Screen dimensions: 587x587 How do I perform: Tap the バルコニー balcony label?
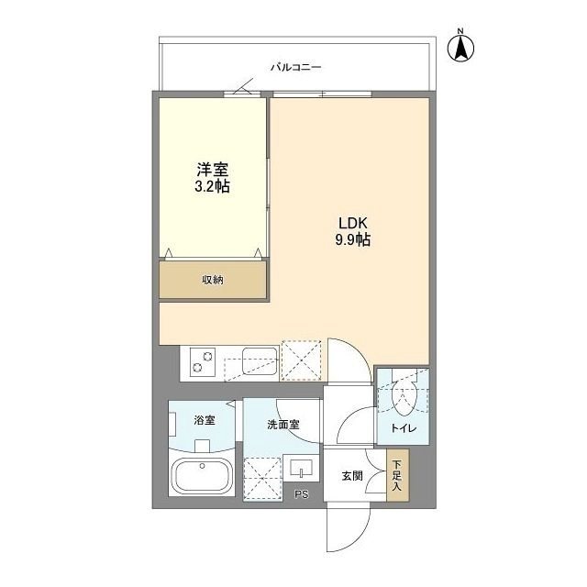click(x=294, y=68)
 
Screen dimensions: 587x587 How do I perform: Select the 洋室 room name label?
click(x=212, y=170)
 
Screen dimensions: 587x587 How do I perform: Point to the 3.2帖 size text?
click(x=212, y=186)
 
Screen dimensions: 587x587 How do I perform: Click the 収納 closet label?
click(x=213, y=280)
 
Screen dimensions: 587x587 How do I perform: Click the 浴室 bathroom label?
click(x=204, y=420)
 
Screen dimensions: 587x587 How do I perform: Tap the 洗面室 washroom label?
click(x=282, y=425)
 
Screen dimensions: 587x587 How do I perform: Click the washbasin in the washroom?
click(x=300, y=470)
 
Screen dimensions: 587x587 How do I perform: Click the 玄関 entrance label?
click(x=352, y=475)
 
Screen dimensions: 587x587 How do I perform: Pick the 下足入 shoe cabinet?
click(x=396, y=478)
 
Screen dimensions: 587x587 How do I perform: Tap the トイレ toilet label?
click(x=403, y=427)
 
